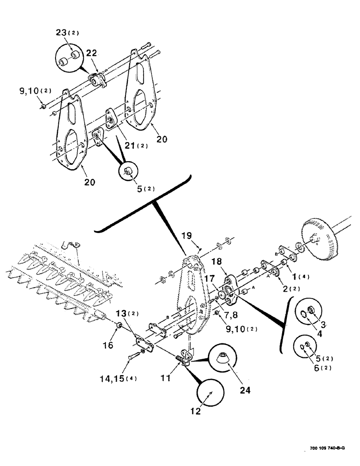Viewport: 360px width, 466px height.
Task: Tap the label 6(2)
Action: coord(315,368)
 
